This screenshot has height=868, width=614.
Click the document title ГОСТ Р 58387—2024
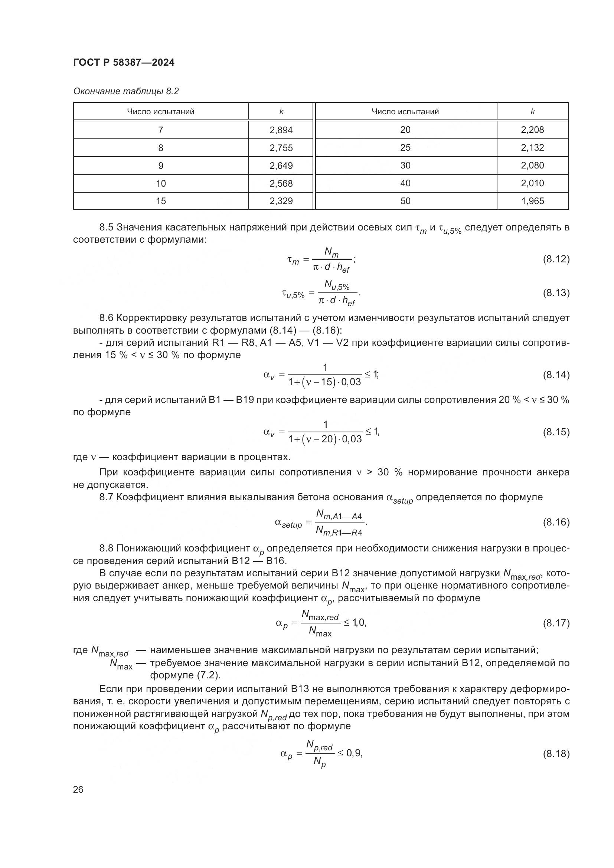(x=124, y=63)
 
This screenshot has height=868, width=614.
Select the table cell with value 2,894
(x=281, y=130)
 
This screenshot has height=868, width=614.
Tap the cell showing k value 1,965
(x=532, y=201)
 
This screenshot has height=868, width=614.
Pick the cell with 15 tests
(x=161, y=201)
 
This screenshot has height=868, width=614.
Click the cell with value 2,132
(x=532, y=148)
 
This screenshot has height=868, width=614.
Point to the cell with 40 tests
(x=405, y=183)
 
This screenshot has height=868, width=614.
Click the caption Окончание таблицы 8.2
(x=126, y=91)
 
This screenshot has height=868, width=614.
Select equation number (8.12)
(x=556, y=259)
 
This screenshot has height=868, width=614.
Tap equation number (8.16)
(x=556, y=523)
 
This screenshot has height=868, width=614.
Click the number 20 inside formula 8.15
(x=328, y=439)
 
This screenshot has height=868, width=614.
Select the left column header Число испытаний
(x=161, y=112)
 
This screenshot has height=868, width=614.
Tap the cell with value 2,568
(x=281, y=183)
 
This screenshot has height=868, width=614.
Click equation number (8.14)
(x=556, y=375)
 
